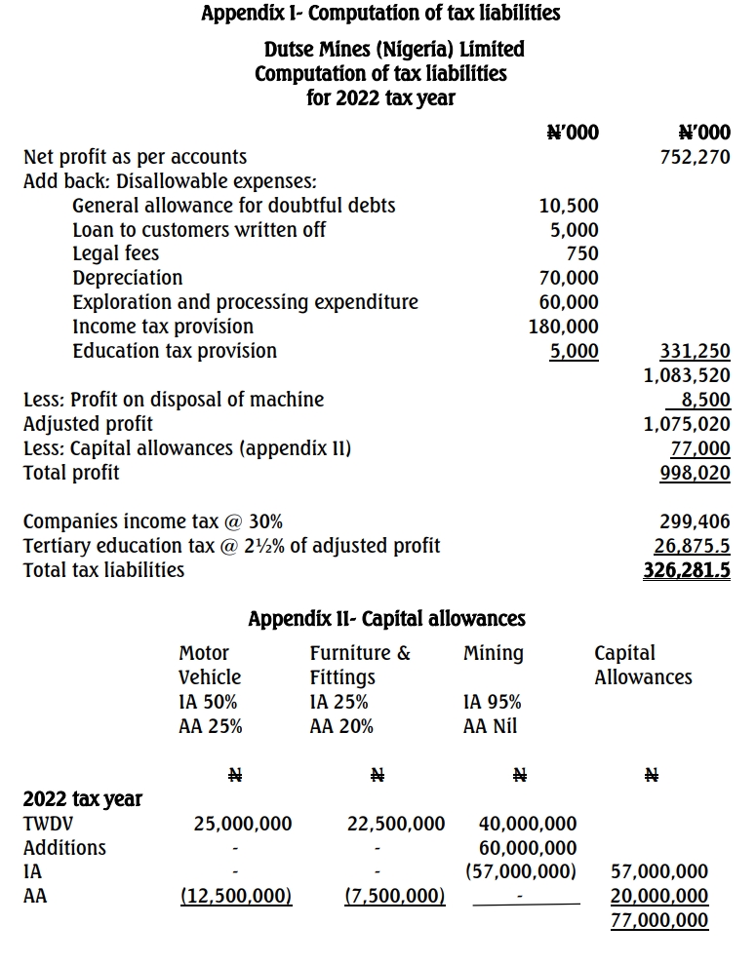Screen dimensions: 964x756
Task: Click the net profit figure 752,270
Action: pos(696,157)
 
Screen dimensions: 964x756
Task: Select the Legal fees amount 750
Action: pos(581,253)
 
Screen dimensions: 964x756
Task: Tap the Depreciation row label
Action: pos(127,278)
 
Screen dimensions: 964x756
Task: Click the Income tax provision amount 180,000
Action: pos(564,327)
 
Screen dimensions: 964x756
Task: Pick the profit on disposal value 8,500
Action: pos(706,400)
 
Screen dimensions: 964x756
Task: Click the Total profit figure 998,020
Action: pos(696,473)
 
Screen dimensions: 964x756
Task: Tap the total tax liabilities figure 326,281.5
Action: pos(687,570)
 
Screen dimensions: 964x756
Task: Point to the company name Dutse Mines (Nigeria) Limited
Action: pos(394,49)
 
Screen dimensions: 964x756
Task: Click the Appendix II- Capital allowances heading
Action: pos(386,619)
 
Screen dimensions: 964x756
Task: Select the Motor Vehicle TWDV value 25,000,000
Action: pos(243,824)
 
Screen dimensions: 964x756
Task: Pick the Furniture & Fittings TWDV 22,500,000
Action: pos(396,824)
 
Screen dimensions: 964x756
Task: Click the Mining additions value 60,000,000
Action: pos(528,848)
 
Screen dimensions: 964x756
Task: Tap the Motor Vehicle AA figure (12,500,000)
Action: pos(237,896)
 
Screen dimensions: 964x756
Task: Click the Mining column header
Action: pos(494,653)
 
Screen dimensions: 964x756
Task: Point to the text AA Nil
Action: pos(493,726)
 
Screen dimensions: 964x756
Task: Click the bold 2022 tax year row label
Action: pos(83,799)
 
